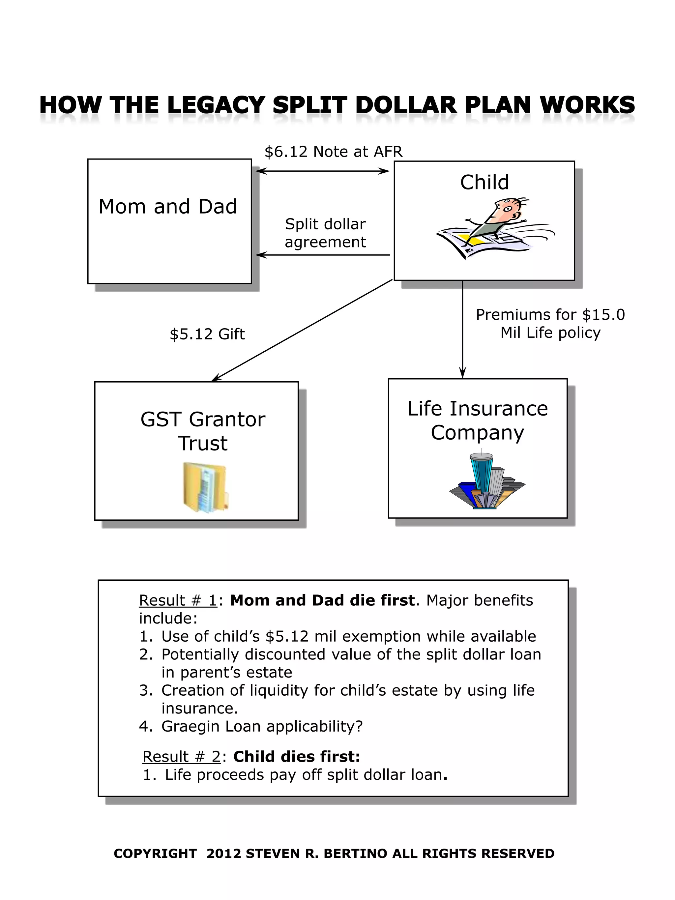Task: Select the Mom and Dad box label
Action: click(x=168, y=207)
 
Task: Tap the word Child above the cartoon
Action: click(x=484, y=182)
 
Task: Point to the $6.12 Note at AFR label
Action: click(x=333, y=152)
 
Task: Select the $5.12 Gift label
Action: click(x=207, y=334)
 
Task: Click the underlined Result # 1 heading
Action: click(x=178, y=600)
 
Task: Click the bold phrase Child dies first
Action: click(x=297, y=756)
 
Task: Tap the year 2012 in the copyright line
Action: click(x=224, y=854)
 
